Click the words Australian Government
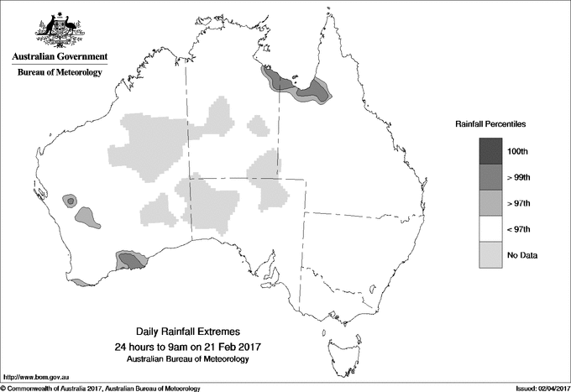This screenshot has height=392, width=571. point(59,57)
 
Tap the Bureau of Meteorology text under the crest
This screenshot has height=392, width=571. point(59,73)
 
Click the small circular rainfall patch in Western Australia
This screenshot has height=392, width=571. point(70,201)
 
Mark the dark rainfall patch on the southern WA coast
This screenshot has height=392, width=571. point(131,259)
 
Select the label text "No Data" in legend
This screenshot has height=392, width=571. point(522,255)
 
